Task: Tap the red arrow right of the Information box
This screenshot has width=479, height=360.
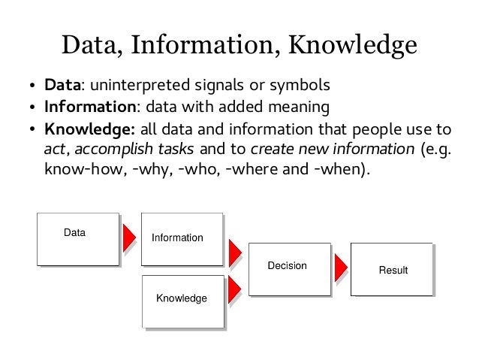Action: [233, 250]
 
